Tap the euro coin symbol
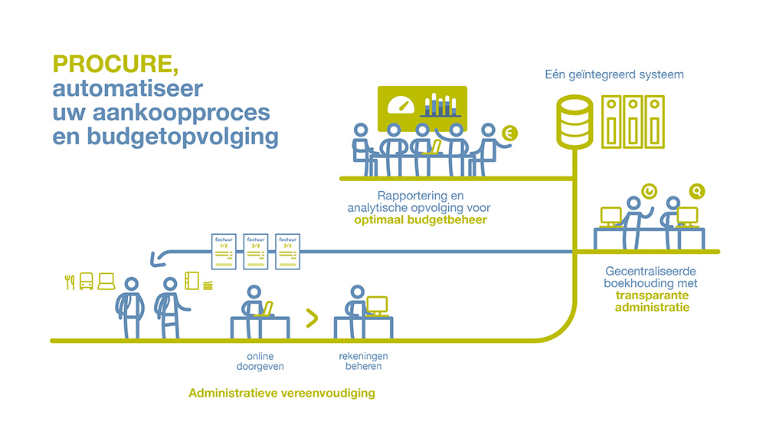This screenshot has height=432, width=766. click(x=509, y=134)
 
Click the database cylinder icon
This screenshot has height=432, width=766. click(x=573, y=121)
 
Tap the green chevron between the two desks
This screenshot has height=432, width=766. click(x=312, y=318)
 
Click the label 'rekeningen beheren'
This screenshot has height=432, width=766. click(x=361, y=361)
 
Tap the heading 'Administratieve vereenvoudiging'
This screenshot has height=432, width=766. click(x=281, y=394)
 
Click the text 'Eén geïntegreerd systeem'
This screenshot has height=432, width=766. click(x=614, y=75)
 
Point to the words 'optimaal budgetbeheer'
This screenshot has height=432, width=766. click(x=421, y=220)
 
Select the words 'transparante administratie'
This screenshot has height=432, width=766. click(x=652, y=302)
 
